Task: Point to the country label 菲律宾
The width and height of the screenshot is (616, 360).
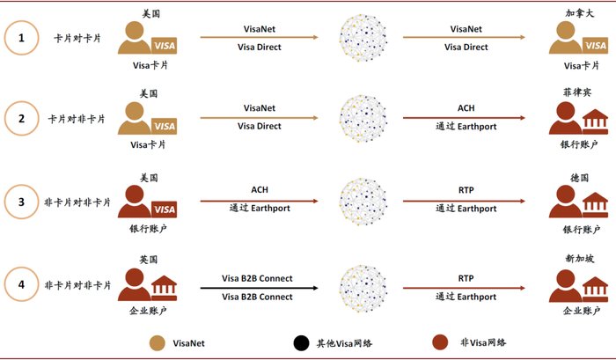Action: click(x=576, y=92)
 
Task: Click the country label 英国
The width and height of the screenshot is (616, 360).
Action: click(x=149, y=260)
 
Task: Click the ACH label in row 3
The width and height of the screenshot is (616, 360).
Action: click(x=260, y=190)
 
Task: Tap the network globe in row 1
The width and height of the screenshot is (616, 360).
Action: click(x=364, y=38)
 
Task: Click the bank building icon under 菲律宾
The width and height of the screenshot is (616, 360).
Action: click(x=595, y=121)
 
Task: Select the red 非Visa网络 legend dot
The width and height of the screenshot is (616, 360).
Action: click(x=442, y=342)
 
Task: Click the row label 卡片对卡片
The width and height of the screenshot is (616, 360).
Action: click(x=77, y=38)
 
